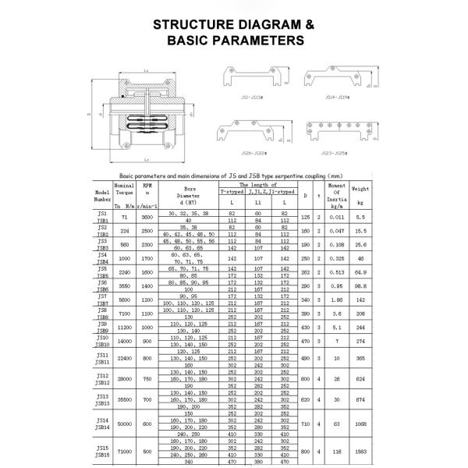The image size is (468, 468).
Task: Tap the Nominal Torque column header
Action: [x=125, y=190]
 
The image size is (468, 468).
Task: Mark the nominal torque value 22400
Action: [x=125, y=357]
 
